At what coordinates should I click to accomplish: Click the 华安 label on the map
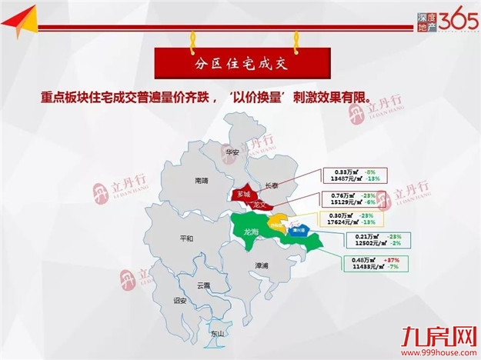tap(233, 152)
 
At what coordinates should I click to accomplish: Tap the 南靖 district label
tap(202, 181)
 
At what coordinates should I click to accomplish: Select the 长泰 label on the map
tap(272, 185)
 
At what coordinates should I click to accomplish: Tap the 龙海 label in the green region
tap(251, 232)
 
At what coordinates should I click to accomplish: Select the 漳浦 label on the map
tap(262, 265)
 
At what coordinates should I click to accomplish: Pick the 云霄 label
tap(203, 285)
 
